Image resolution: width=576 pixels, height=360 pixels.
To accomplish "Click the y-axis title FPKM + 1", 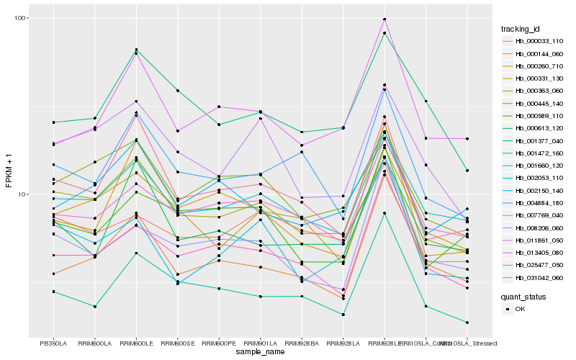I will coord(9,176).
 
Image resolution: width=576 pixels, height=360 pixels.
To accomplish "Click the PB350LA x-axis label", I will coord(53,343).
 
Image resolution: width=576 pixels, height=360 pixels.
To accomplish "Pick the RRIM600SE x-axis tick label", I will coord(177,343).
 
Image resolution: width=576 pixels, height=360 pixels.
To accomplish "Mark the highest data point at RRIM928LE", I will coord(384,19).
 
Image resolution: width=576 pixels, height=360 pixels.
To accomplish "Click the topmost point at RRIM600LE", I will coord(136,50).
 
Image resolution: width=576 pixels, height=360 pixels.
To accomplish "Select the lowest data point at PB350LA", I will coord(53,292).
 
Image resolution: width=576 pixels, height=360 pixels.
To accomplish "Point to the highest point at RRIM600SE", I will coord(177,91).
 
